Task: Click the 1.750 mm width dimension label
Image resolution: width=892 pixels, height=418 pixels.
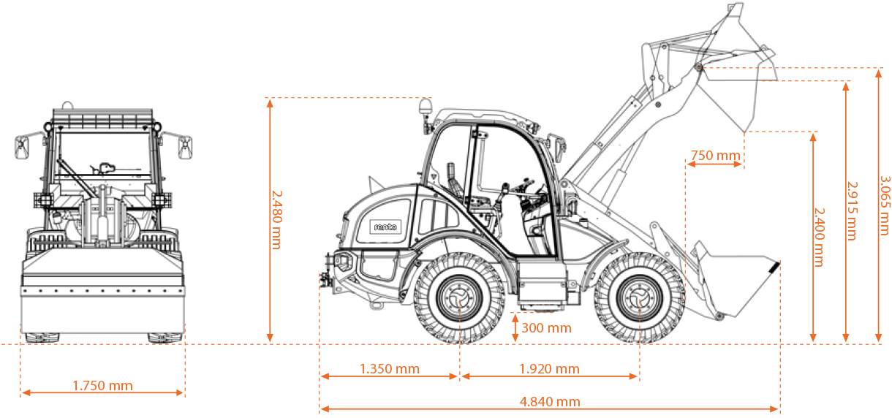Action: coord(103,385)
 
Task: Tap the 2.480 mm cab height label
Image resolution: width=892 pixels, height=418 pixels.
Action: coord(277,220)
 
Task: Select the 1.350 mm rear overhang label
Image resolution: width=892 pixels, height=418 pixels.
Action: coord(390,368)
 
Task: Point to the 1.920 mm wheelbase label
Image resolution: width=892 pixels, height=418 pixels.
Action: coord(549,368)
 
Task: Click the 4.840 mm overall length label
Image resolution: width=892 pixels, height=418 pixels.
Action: coord(550,401)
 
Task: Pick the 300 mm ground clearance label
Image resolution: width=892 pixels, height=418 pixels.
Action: coord(546,327)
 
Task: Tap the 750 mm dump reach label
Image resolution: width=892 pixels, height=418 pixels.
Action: coord(715,155)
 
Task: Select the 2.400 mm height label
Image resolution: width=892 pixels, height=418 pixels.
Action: coord(819,237)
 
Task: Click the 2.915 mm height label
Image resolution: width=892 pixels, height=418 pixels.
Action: coord(852,211)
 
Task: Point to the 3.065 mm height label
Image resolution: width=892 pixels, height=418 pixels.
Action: coord(885,205)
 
